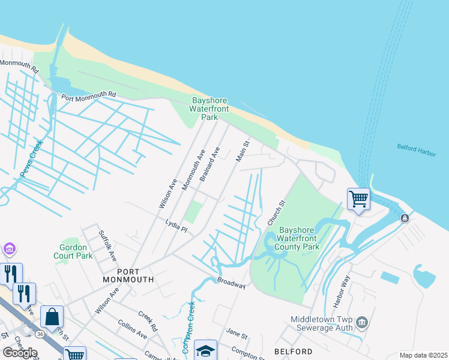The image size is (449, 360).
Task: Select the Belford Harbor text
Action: (x=416, y=147)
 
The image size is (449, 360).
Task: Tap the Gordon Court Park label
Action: (x=76, y=251)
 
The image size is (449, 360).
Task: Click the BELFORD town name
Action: (x=294, y=351)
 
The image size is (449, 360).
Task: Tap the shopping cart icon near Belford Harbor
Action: (x=358, y=198)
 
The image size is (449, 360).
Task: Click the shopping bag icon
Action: (x=52, y=316)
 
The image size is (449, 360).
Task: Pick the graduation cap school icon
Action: (x=205, y=350)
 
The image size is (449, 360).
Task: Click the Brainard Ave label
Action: (x=209, y=164)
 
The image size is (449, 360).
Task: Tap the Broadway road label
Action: (x=231, y=283)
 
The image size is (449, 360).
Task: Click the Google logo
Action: (x=19, y=353)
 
